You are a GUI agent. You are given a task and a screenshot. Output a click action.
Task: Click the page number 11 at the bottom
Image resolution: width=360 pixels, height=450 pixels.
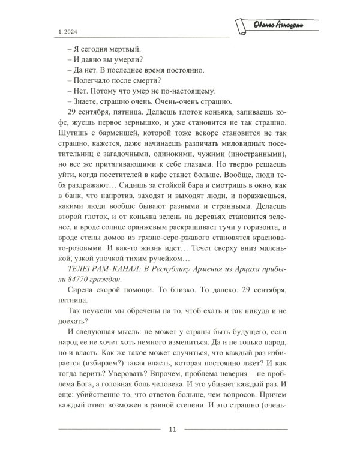point(172,429)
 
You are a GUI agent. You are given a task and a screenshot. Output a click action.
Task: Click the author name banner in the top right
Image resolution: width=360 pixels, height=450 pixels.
point(274,25)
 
